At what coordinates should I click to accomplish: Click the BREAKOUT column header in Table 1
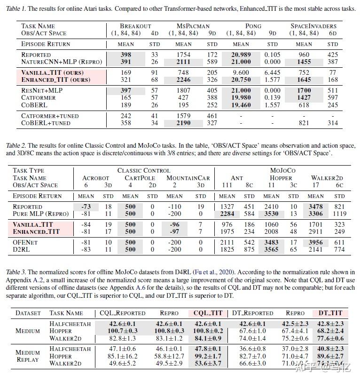[x=135, y=26]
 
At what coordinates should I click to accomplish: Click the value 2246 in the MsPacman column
[x=183, y=80]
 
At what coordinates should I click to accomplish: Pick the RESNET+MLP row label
[x=42, y=91]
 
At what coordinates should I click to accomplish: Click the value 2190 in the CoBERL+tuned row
[x=183, y=123]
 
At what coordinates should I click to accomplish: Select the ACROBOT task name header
[x=95, y=178]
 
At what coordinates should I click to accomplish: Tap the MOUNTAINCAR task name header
[x=188, y=178]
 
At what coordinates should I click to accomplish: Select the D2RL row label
[x=22, y=249]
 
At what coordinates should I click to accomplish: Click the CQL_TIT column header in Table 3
[x=207, y=313]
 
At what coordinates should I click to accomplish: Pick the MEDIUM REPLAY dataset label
[x=28, y=356]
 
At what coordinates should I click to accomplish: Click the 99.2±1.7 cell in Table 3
[x=207, y=356]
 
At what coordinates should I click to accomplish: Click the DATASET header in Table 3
[x=28, y=313]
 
